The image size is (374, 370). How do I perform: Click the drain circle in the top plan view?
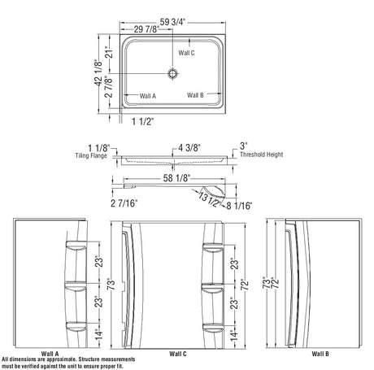click(172, 73)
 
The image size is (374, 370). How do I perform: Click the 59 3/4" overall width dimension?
click(172, 22)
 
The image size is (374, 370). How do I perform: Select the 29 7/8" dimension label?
click(146, 29)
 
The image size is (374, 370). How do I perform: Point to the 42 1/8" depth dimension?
click(98, 72)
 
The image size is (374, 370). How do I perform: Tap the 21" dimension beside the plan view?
click(109, 52)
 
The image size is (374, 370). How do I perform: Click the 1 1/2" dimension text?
click(142, 121)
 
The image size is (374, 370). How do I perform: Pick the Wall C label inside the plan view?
click(186, 53)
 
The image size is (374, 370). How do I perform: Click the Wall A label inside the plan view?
click(148, 96)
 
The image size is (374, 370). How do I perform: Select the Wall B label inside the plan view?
click(195, 95)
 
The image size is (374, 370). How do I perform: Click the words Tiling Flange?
click(91, 155)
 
